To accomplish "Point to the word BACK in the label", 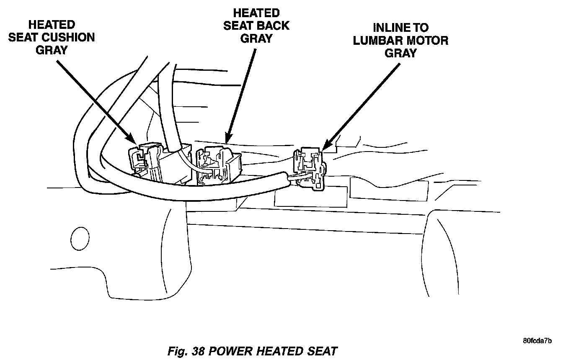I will point(272,26).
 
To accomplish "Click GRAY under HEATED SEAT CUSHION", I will point(52,50).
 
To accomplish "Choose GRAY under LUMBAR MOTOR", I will point(400,53).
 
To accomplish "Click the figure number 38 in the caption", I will point(199,350).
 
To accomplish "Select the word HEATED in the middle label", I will point(256,13).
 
